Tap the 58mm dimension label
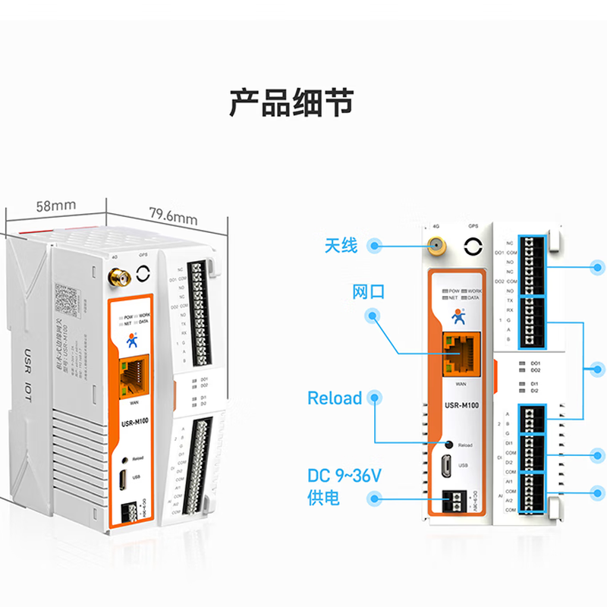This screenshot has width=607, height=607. click(55, 206)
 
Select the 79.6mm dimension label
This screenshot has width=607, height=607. click(173, 215)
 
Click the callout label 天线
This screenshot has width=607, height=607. click(341, 245)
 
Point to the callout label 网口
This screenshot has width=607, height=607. click(368, 292)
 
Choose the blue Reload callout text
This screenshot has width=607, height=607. click(335, 398)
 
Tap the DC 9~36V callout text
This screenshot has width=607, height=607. click(344, 476)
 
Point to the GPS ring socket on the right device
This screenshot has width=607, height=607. click(474, 247)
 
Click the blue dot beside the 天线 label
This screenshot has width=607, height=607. click(374, 245)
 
